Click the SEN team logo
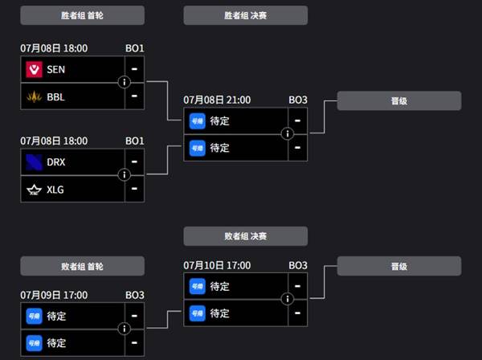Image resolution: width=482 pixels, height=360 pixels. tap(34, 69)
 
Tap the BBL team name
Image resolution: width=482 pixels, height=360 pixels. tap(55, 97)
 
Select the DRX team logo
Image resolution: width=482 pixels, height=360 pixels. tap(34, 162)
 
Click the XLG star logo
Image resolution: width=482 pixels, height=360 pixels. tap(34, 190)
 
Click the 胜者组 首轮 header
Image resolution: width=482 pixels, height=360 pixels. tap(82, 15)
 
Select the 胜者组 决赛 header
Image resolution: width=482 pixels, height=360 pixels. tap(245, 15)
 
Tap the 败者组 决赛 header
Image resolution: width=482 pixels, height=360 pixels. tap(245, 236)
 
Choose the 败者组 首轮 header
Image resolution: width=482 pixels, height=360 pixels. tap(82, 266)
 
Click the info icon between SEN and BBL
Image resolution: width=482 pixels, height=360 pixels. tap(125, 82)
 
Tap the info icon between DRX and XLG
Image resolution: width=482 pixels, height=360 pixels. tap(125, 175)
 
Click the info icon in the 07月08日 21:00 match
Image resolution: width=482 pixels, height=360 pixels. tap(288, 133)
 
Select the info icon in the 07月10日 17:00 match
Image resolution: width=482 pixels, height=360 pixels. tap(288, 299)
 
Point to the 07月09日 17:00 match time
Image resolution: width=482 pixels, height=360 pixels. tap(54, 295)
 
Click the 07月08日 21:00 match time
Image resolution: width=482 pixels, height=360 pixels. tap(217, 100)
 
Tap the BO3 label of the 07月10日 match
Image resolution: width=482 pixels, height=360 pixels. tap(298, 265)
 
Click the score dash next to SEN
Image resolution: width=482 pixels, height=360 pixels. tap(134, 69)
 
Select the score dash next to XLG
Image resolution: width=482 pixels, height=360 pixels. tap(134, 189)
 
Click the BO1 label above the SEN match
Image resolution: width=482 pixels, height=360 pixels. tap(135, 48)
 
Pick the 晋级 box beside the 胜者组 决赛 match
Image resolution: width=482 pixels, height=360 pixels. tap(399, 100)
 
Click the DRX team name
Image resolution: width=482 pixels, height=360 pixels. tap(56, 162)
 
